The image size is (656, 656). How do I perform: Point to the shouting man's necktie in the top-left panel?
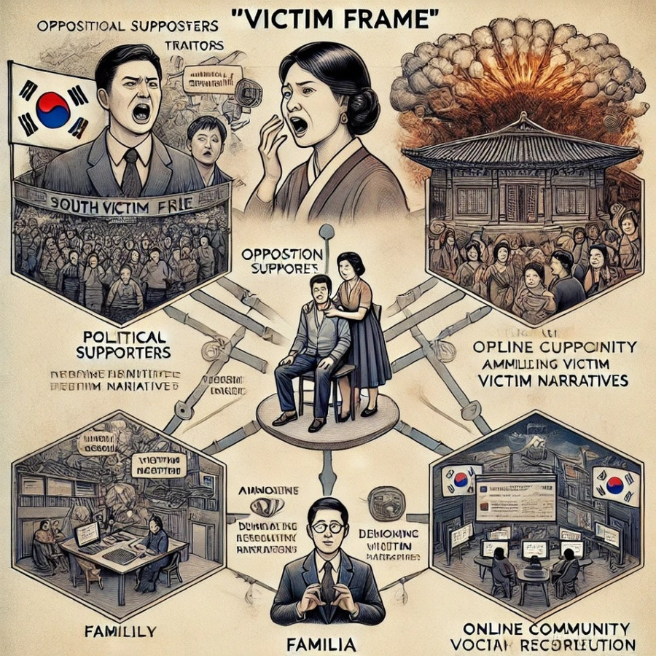tap(131, 175)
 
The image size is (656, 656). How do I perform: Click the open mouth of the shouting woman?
tap(300, 125)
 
